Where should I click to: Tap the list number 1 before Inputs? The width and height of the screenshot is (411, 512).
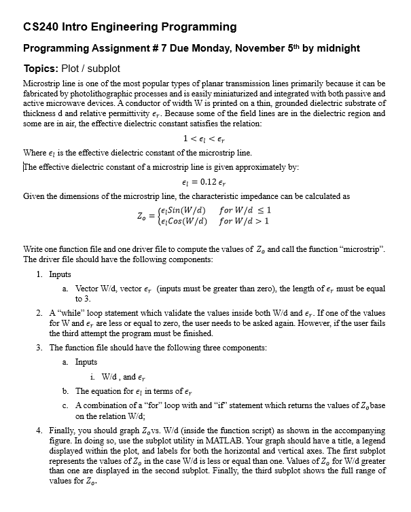click(39, 274)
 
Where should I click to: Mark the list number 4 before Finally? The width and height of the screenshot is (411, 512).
click(39, 431)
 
